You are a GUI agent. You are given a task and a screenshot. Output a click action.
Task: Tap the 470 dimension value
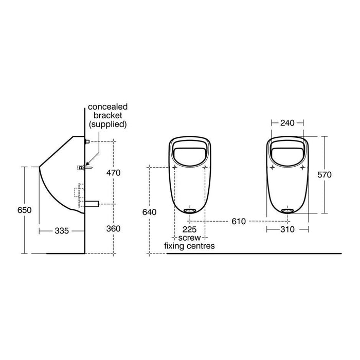tap(113, 173)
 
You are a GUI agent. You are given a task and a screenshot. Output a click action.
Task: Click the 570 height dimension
tap(325, 175)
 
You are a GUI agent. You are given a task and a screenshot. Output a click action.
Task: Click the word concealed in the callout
tap(108, 106)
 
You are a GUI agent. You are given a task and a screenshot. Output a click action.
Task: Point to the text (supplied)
tap(108, 124)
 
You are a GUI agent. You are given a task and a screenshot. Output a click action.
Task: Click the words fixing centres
tap(189, 246)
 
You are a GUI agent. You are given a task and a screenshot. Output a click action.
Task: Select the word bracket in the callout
tap(108, 116)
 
